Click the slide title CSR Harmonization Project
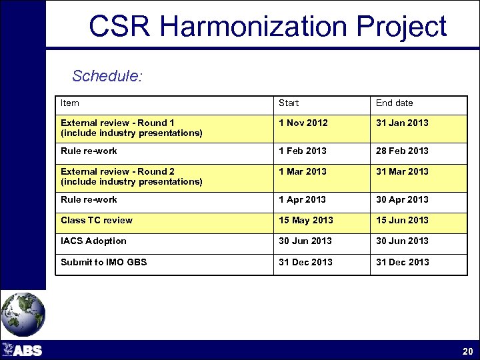[x=267, y=27]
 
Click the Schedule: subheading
[x=107, y=76]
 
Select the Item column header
[x=70, y=103]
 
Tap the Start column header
[x=289, y=103]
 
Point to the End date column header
[x=394, y=103]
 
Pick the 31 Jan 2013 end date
[x=402, y=123]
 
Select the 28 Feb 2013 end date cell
[x=402, y=151]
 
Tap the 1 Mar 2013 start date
[x=303, y=172]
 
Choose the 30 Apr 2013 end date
[x=402, y=200]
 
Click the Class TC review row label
[x=97, y=221]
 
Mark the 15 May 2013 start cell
[x=305, y=221]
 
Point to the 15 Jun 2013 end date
[x=402, y=221]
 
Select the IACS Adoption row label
[x=93, y=241]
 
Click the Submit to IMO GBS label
[x=104, y=263]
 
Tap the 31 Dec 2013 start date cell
[x=305, y=263]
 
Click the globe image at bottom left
[x=23, y=314]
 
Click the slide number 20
[x=467, y=351]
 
